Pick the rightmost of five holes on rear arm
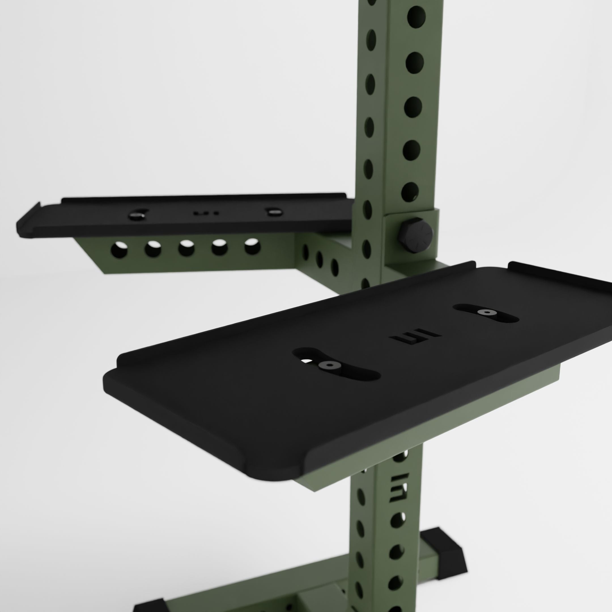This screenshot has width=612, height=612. (x=252, y=246)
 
